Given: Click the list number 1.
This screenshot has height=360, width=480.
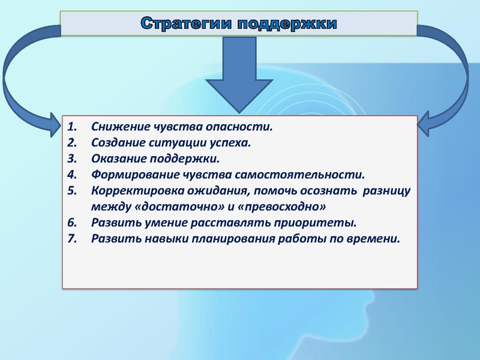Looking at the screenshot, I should pos(72,127).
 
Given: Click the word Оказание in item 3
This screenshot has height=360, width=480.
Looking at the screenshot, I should pos(117,159).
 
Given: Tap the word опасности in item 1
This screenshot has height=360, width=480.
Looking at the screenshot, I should pos(238,127).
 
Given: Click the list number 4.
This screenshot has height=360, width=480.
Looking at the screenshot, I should pos(72,175).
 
